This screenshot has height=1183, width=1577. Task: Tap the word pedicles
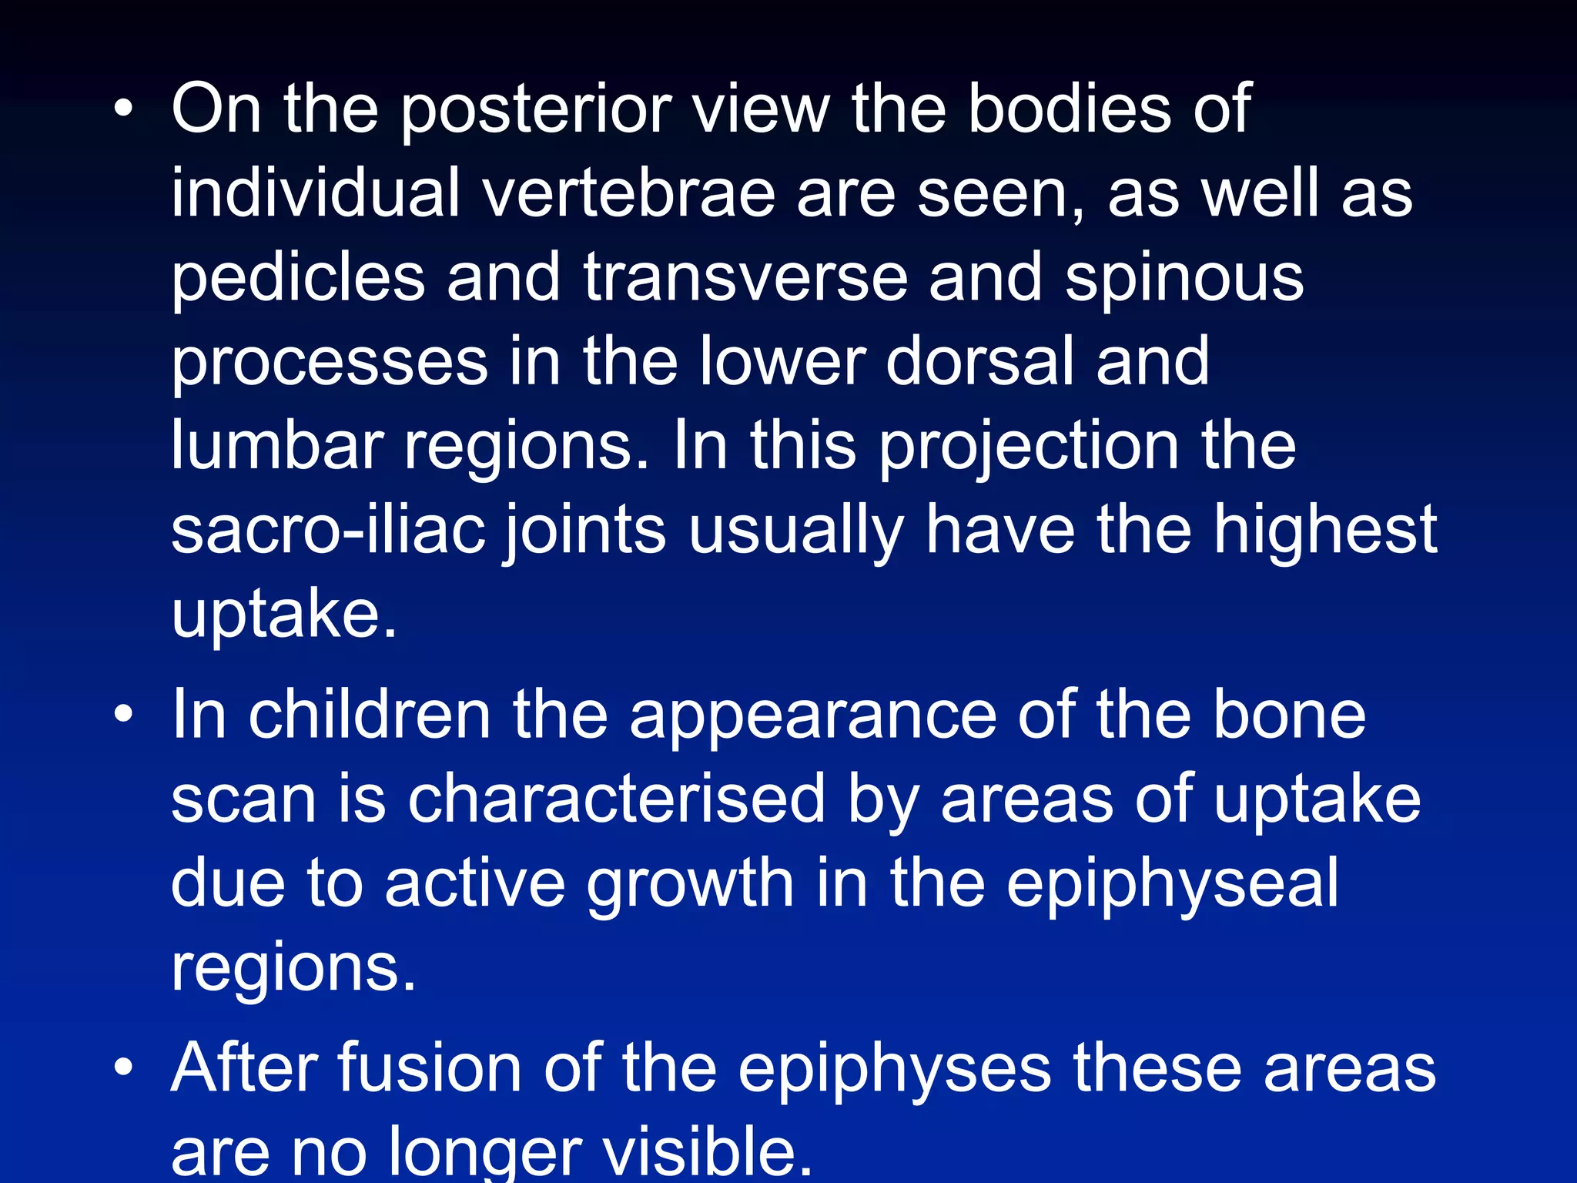(x=298, y=278)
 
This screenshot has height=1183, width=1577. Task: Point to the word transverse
(x=745, y=278)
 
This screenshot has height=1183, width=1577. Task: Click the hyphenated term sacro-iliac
(x=329, y=530)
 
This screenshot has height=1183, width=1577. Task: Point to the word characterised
(x=616, y=799)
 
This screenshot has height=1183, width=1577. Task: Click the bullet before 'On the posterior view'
(x=123, y=109)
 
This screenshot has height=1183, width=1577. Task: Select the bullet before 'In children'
(x=123, y=715)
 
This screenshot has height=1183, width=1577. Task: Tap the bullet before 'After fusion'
(x=123, y=1068)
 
